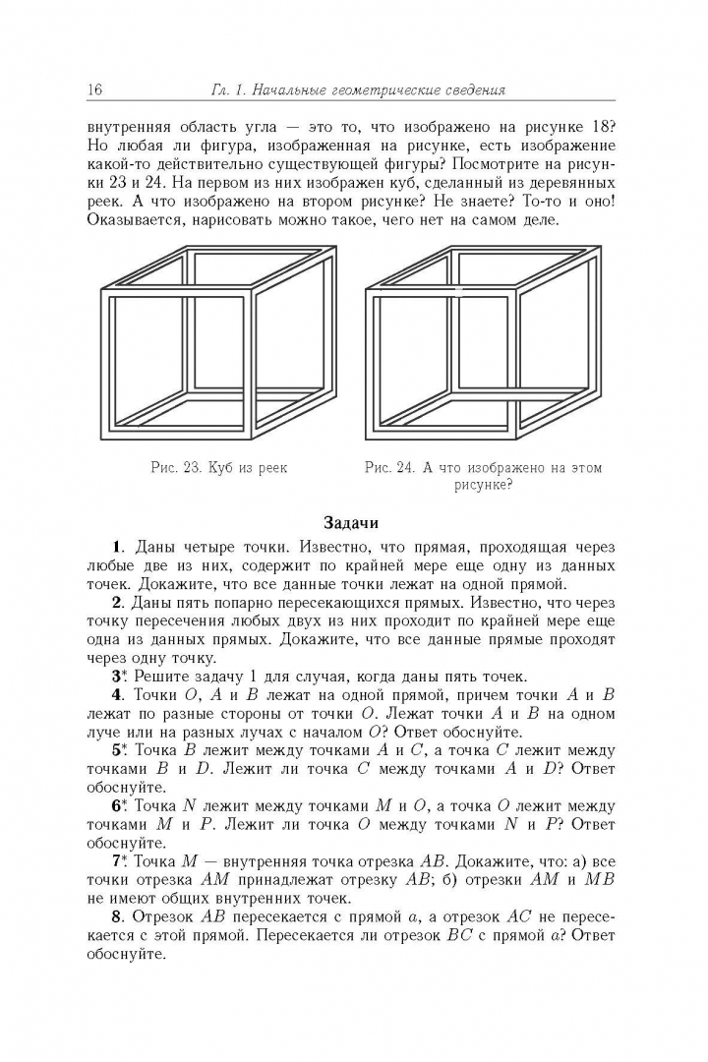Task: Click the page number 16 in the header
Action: [95, 90]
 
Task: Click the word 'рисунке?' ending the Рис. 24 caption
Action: [483, 485]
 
